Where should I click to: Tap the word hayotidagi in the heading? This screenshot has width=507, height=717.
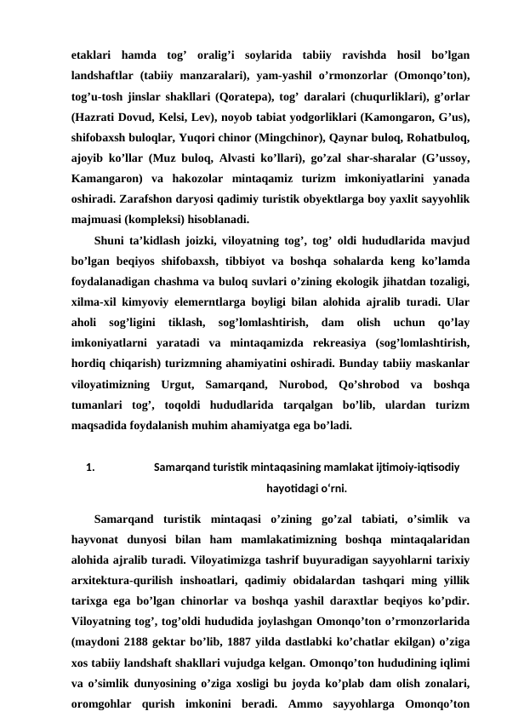(293, 490)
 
